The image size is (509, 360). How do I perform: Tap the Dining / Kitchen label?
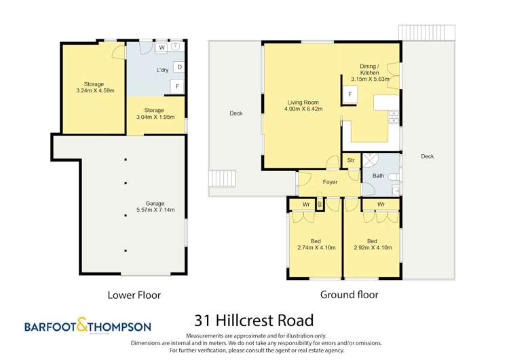(x=375, y=73)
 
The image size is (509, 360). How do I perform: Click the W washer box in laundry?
(x=161, y=48)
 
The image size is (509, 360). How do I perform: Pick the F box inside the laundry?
(x=176, y=86)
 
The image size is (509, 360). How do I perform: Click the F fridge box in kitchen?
(x=350, y=95)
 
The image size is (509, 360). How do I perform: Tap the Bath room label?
(x=378, y=176)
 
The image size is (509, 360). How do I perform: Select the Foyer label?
(x=330, y=182)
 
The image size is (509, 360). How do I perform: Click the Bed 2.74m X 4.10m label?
(x=316, y=245)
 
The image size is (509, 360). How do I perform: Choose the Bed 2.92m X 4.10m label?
(x=372, y=245)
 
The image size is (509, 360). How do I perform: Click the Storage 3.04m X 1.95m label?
(x=155, y=113)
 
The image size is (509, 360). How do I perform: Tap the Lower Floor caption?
(x=134, y=295)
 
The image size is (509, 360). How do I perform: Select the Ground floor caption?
(x=349, y=295)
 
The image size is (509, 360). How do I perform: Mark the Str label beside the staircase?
(x=351, y=160)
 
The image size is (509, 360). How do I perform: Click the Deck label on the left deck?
(x=235, y=114)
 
